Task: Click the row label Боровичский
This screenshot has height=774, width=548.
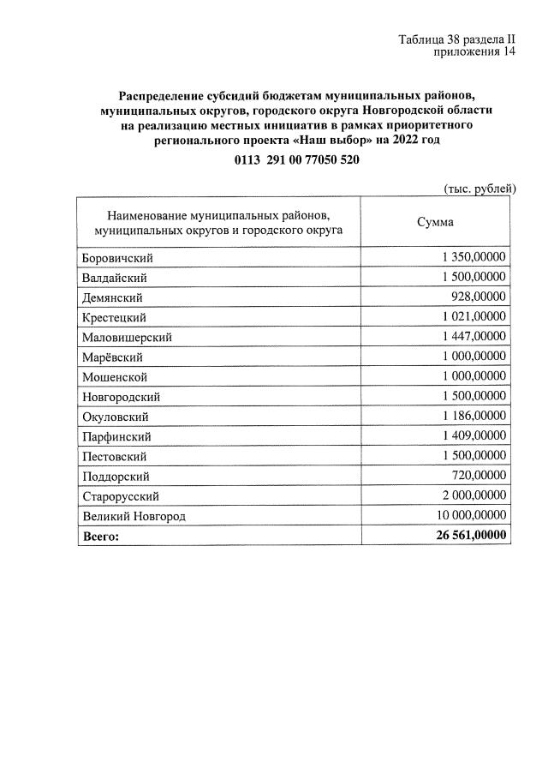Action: [x=117, y=258]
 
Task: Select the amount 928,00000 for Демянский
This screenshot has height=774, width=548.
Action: [x=478, y=297]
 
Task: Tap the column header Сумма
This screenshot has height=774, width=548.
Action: [x=435, y=222]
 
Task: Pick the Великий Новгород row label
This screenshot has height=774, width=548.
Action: [x=134, y=516]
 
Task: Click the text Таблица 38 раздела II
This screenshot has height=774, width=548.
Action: [x=457, y=39]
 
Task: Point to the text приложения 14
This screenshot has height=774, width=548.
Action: [x=474, y=52]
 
